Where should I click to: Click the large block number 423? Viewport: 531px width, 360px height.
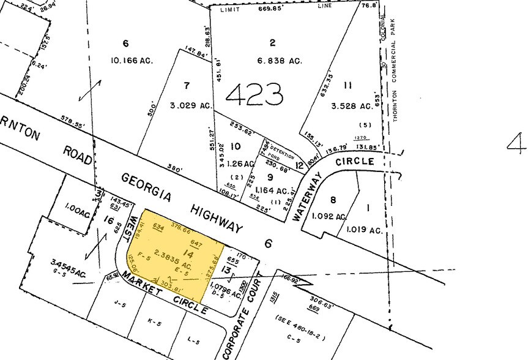point(254,94)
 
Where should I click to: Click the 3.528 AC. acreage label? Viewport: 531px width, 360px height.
point(351,105)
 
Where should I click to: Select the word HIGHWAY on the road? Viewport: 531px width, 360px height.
point(216,217)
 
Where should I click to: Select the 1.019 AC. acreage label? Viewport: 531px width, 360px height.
point(364,230)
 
